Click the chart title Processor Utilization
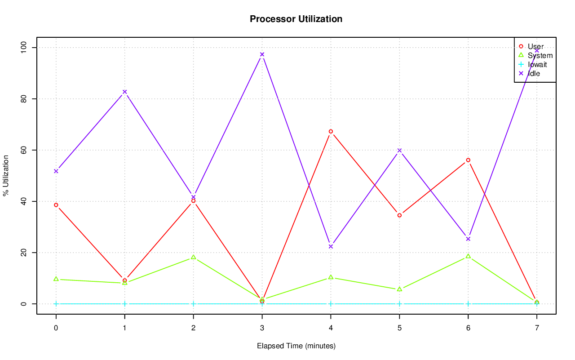[x=296, y=19]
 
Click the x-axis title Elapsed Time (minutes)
[x=296, y=346]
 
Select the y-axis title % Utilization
[x=6, y=175]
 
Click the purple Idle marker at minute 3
[x=262, y=54]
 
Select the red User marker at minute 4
[x=331, y=132]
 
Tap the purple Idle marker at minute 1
[x=125, y=92]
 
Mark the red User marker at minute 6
[x=468, y=160]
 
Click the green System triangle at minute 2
[x=193, y=257]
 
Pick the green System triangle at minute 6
[x=468, y=256]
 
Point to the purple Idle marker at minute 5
[x=399, y=151]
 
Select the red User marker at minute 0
[x=56, y=205]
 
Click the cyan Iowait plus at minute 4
[x=331, y=304]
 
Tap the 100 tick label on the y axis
[x=23, y=47]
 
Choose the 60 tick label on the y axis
[x=23, y=150]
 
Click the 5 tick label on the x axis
[x=399, y=329]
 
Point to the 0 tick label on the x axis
[x=56, y=329]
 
